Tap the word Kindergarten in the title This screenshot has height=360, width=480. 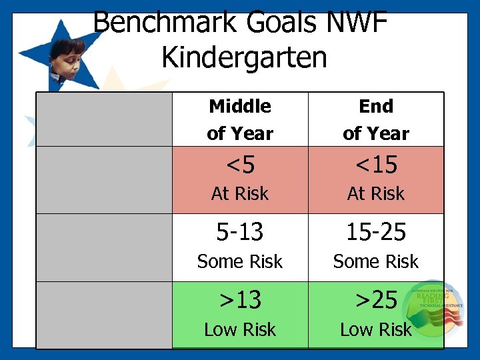[x=244, y=58]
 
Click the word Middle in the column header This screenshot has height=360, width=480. [x=240, y=106]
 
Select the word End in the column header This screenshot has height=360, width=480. [x=376, y=106]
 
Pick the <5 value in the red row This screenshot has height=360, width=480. [x=240, y=164]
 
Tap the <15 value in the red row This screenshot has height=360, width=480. [x=376, y=164]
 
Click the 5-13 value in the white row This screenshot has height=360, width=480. [x=240, y=232]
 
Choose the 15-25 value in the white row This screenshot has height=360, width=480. [x=376, y=232]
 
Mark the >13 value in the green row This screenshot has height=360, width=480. [x=240, y=300]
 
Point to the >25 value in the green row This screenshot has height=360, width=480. [x=376, y=300]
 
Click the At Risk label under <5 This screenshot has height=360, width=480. [x=240, y=194]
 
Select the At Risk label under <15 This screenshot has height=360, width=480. [x=376, y=194]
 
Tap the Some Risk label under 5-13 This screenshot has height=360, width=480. [x=240, y=262]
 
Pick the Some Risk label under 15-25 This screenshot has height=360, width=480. [x=376, y=262]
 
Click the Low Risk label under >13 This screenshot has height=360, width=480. [x=240, y=329]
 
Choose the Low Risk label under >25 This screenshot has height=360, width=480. [x=376, y=329]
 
